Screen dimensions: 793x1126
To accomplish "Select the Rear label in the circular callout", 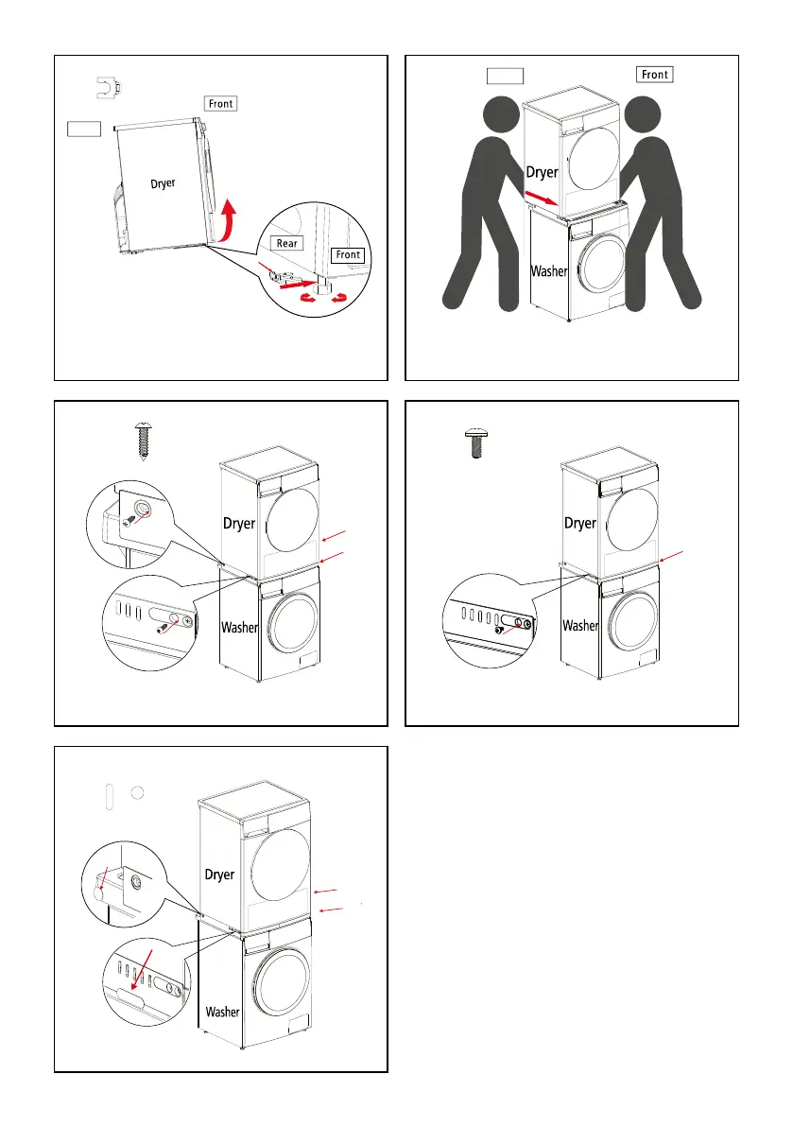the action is [x=286, y=243].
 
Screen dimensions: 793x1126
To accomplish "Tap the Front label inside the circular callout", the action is [x=348, y=255].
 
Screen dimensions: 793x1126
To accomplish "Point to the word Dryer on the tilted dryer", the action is [x=163, y=183].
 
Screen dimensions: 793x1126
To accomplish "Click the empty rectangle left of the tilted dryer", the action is [x=84, y=129].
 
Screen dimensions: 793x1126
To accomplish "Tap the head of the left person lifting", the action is [x=501, y=115].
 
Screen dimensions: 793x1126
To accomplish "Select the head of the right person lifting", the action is [x=643, y=115].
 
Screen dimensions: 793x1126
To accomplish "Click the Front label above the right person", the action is [x=654, y=75].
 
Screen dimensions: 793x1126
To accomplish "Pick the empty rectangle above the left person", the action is [x=506, y=77].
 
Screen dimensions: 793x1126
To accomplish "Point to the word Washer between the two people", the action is [x=549, y=271].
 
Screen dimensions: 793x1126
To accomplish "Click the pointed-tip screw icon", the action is [x=143, y=441].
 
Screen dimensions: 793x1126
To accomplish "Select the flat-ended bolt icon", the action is [x=475, y=442].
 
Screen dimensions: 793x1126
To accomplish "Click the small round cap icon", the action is [x=138, y=793].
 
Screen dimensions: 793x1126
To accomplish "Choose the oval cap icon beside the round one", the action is [x=109, y=796].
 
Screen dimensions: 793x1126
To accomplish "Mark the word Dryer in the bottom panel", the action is [x=219, y=875].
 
